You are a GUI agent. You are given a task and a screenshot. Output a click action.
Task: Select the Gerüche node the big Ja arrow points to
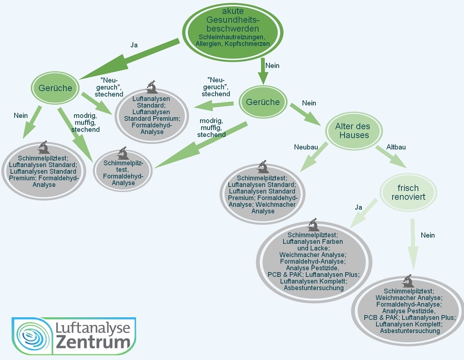click(x=55, y=88)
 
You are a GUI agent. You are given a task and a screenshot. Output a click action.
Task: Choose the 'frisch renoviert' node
click(x=408, y=192)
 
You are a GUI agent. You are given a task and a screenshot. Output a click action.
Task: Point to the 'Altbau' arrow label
click(x=396, y=147)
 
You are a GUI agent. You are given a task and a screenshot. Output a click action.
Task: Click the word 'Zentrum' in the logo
click(x=93, y=342)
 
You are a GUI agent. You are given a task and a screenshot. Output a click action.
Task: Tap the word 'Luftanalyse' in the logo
click(x=93, y=328)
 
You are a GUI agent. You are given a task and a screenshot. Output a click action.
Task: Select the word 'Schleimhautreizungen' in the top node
click(x=233, y=37)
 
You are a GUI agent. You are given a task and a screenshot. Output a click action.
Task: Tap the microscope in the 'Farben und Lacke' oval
click(x=313, y=224)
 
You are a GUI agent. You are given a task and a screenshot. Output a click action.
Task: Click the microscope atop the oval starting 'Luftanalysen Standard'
click(x=152, y=87)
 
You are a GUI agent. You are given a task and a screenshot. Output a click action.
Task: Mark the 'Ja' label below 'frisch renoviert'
click(x=358, y=207)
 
